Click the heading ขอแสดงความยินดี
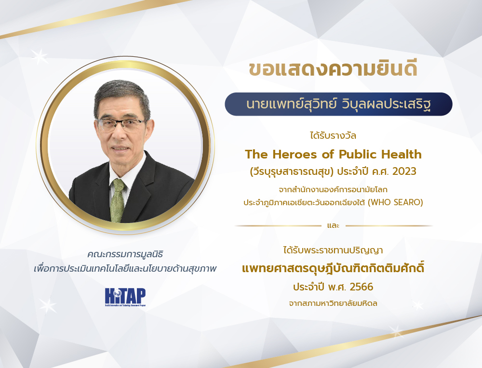[x=333, y=69]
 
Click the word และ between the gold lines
[x=333, y=225]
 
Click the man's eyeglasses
[x=121, y=124]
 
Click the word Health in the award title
[x=401, y=155]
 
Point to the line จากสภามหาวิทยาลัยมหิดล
[x=333, y=303]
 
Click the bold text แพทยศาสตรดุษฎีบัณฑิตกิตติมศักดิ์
[x=333, y=268]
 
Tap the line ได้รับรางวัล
[x=333, y=135]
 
